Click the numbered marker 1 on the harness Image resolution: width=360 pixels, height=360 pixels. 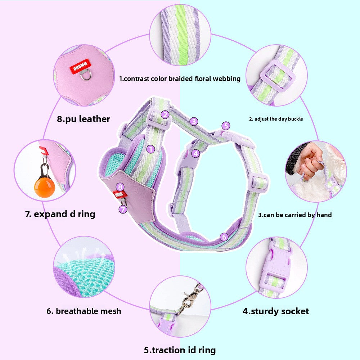pos(150,149)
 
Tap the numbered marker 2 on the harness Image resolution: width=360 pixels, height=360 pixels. pos(165,114)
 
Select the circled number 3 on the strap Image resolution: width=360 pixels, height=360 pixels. pos(194,121)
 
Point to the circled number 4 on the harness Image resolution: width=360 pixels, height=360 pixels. pos(195,153)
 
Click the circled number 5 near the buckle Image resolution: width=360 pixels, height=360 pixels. pos(226,126)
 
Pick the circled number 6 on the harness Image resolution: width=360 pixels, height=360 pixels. pos(224,237)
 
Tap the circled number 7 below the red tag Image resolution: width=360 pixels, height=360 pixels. pos(123,209)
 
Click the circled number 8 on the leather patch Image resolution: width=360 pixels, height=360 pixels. pos(120,187)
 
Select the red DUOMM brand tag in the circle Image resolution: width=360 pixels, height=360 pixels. pos(81,66)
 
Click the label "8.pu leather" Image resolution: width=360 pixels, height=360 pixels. pos(84,119)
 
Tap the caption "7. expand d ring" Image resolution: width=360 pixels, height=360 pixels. pos(60,214)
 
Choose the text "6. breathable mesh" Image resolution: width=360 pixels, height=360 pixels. pos(84,311)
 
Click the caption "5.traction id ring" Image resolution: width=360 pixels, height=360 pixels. pos(180,350)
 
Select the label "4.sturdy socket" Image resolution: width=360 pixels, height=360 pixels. pos(276,311)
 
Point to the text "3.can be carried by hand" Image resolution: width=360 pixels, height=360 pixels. pos(295,215)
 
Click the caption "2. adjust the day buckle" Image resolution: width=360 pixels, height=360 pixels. pos(276,119)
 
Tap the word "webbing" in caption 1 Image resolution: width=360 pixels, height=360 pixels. pos(226,79)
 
